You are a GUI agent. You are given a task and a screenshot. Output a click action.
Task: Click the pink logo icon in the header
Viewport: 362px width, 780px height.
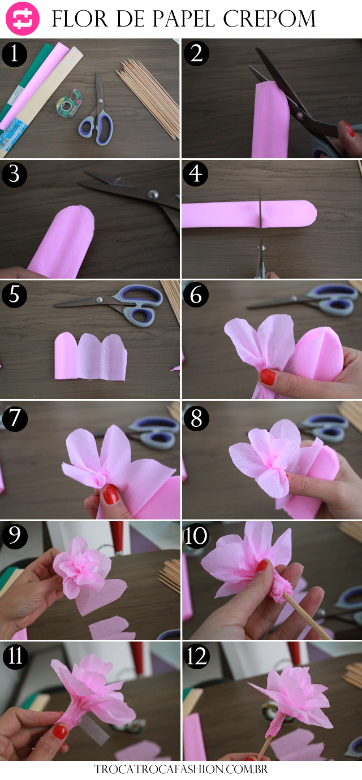(23, 18)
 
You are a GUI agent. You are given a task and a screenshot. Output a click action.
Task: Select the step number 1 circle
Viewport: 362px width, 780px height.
(15, 54)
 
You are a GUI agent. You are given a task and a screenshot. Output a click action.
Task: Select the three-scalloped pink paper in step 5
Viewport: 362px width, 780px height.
(90, 356)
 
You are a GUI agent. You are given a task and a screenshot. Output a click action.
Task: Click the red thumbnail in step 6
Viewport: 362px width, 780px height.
(268, 377)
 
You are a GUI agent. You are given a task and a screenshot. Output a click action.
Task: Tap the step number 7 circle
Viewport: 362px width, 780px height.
(15, 418)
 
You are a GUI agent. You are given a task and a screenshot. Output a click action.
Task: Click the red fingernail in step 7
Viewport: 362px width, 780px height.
(111, 494)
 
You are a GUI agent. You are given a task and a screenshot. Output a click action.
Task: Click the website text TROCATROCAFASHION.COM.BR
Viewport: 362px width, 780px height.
(181, 769)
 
